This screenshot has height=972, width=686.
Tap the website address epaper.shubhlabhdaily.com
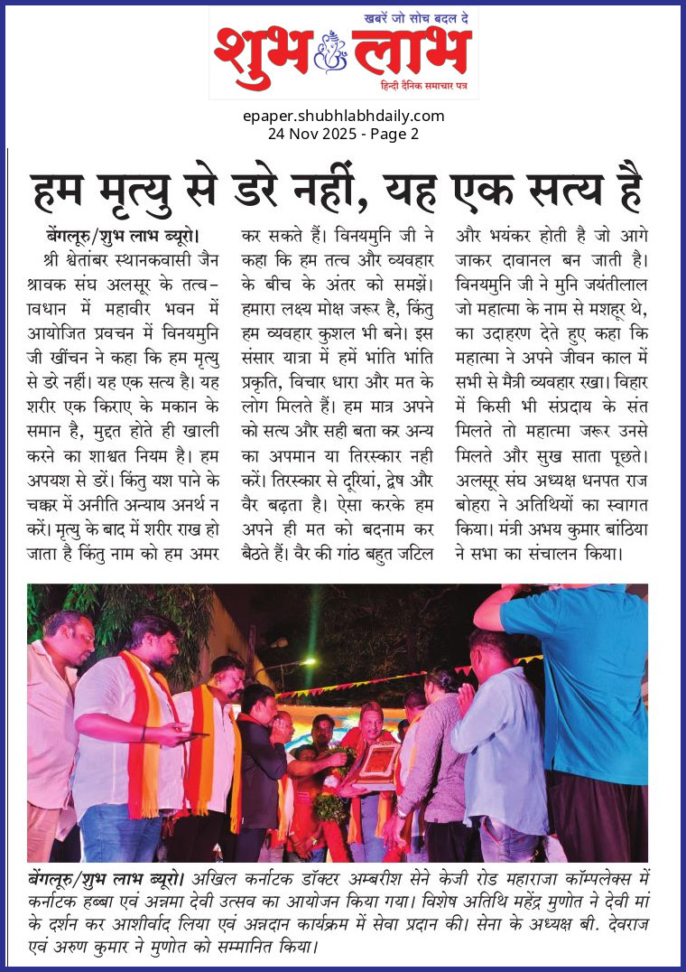click(x=344, y=116)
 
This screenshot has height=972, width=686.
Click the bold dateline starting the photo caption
click(x=106, y=878)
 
